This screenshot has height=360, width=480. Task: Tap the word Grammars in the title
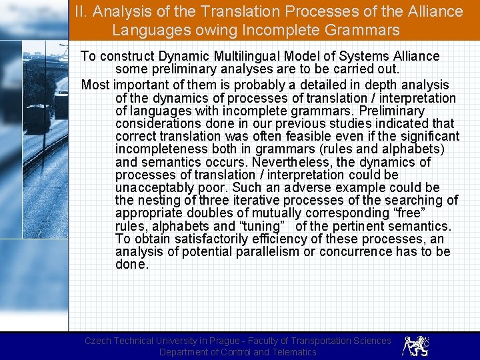click(367, 30)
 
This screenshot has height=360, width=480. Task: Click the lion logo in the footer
click(416, 345)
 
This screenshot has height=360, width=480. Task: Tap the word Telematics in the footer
click(285, 352)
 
